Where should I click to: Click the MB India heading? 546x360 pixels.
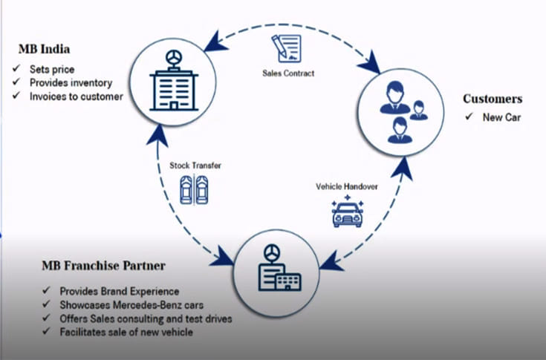pyautogui.click(x=44, y=50)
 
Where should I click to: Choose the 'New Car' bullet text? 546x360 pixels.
pyautogui.click(x=502, y=117)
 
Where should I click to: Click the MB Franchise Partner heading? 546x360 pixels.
pyautogui.click(x=103, y=266)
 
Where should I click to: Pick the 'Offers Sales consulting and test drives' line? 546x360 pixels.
pyautogui.click(x=146, y=319)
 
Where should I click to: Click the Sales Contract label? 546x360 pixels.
pyautogui.click(x=288, y=73)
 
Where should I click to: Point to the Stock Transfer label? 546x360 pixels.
pyautogui.click(x=195, y=166)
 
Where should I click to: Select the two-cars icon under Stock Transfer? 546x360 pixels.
pyautogui.click(x=194, y=190)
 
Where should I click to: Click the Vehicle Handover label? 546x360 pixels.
pyautogui.click(x=347, y=187)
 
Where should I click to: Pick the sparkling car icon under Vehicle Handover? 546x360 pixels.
pyautogui.click(x=347, y=212)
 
